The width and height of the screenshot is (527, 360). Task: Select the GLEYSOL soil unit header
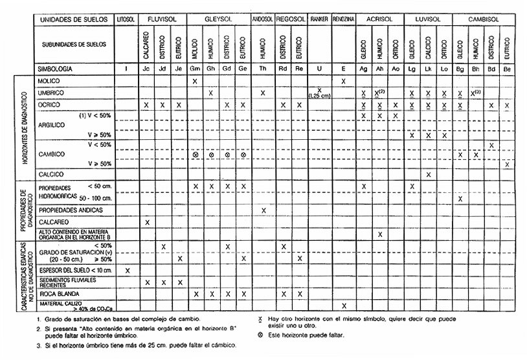coord(218,19)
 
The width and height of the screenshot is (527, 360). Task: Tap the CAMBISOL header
coord(483,19)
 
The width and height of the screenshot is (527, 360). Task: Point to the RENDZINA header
coord(343,19)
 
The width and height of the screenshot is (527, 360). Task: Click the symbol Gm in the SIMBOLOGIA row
coord(194,68)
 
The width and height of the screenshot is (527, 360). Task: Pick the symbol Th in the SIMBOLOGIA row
coord(263,68)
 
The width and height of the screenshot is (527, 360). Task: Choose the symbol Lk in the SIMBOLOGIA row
coord(428,68)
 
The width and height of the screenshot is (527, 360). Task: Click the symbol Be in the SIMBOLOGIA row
coord(508,68)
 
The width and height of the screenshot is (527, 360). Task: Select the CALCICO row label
coord(53,174)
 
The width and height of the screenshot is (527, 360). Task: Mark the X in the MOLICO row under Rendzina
coord(343,81)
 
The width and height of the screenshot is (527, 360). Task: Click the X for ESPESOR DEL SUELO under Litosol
coord(127,270)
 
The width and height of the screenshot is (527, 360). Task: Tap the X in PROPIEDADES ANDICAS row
coord(263,210)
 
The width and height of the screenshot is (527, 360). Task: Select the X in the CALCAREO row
coord(148,222)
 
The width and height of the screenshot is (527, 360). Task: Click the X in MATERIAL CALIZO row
coord(343,305)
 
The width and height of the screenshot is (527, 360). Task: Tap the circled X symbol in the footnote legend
coord(260,335)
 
